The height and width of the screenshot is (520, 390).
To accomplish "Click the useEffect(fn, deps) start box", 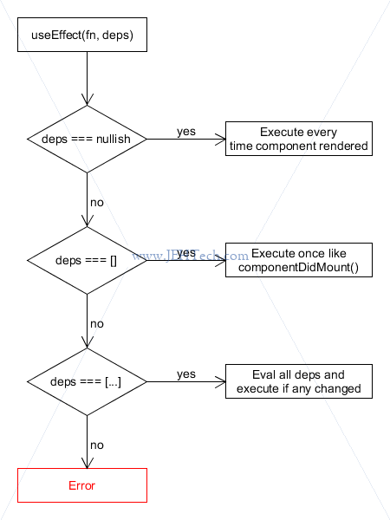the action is tap(82, 35).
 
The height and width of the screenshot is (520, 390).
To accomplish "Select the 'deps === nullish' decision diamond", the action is tap(87, 139).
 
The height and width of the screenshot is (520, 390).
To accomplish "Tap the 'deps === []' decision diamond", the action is tap(87, 260).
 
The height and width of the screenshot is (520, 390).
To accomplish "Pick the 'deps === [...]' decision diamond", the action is tap(87, 381).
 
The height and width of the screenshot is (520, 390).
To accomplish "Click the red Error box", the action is tap(82, 485).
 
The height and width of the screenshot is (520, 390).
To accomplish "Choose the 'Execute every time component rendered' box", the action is tap(299, 139).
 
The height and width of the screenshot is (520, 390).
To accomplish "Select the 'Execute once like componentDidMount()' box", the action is tap(299, 260).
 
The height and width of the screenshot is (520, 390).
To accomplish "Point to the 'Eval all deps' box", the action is tap(299, 381).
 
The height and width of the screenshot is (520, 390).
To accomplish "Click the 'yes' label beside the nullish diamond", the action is tap(186, 132).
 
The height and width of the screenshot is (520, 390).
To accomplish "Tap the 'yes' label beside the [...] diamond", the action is tap(186, 374).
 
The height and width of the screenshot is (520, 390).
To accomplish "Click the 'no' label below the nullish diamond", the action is tap(97, 203).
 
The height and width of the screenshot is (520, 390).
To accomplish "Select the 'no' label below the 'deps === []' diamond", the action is tap(97, 324).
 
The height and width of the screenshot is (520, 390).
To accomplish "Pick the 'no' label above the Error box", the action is tap(97, 445).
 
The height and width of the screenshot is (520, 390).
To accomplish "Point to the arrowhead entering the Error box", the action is tap(87, 464).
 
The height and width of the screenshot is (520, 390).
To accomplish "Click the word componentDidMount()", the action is tap(298, 267).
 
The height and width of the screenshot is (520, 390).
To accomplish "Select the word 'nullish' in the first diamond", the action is tap(113, 139).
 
